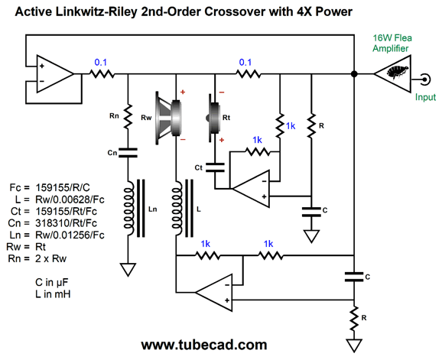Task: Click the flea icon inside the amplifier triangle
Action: tap(398, 72)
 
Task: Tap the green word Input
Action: tap(425, 97)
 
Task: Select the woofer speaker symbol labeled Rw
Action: tap(168, 118)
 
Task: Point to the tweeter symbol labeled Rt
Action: tap(213, 118)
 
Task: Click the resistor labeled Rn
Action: tap(128, 115)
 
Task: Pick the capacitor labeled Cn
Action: tap(128, 153)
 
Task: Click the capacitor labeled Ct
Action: tap(215, 167)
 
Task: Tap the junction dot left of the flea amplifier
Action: tap(354, 74)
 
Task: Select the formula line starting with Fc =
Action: tap(50, 187)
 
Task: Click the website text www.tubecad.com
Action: tap(204, 345)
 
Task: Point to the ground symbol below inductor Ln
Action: tap(128, 270)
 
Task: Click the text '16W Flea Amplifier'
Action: tap(392, 43)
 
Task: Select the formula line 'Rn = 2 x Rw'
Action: tap(37, 258)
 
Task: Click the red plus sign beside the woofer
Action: tap(183, 92)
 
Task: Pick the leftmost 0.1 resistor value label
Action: tap(101, 62)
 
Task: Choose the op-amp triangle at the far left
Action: tap(55, 74)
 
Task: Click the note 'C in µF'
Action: tap(52, 282)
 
